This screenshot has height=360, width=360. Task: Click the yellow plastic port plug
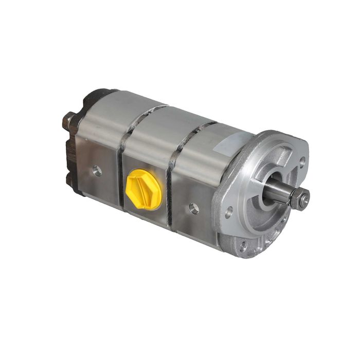(145, 189)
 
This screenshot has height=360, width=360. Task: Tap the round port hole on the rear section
(97, 171)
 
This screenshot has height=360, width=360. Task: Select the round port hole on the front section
(194, 208)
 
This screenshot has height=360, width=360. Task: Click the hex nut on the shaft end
(300, 197)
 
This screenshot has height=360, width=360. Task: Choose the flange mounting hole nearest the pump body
(229, 211)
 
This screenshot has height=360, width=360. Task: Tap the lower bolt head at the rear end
(69, 179)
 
